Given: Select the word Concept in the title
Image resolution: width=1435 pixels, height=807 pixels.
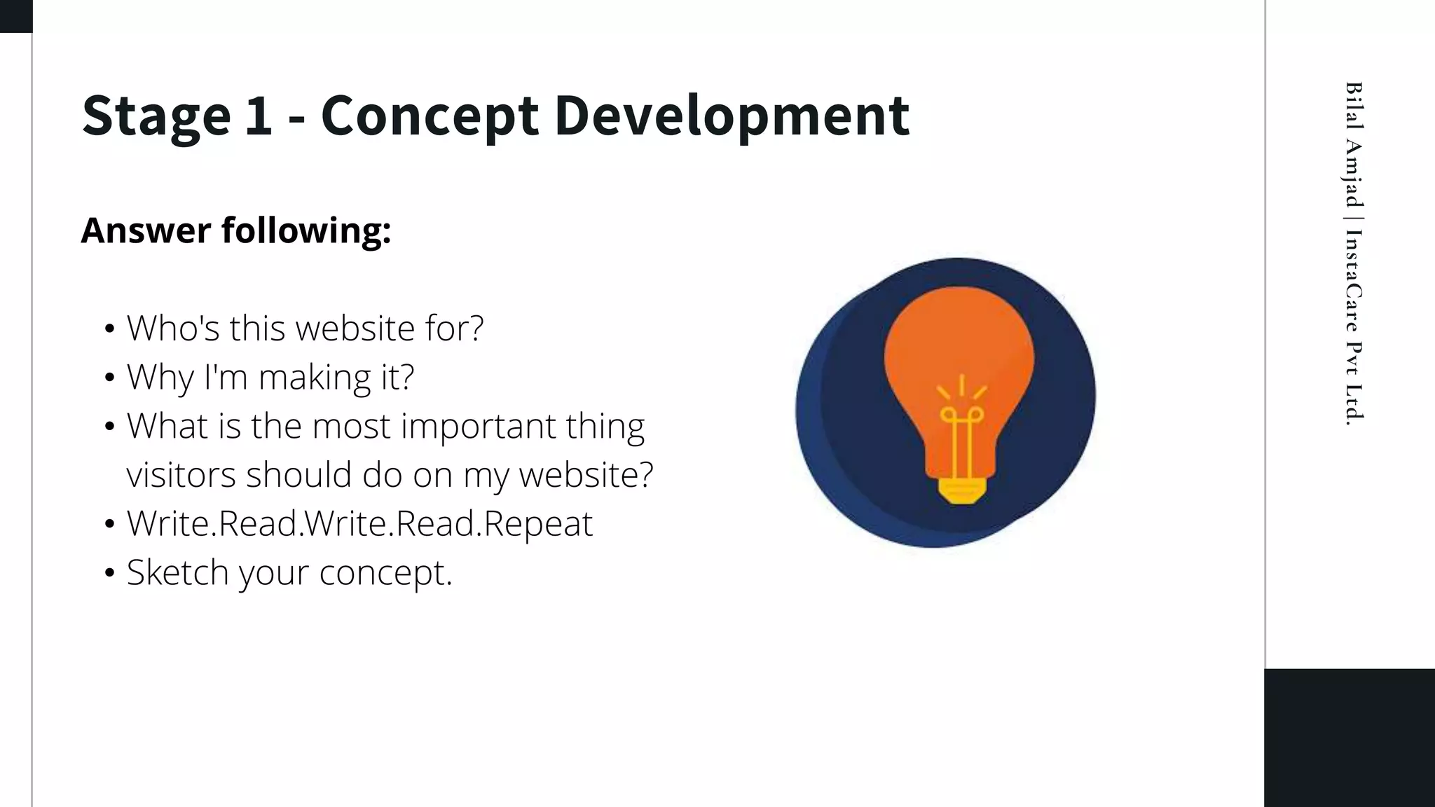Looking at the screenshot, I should tap(430, 116).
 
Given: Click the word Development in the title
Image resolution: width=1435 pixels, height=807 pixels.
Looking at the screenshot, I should tap(732, 116).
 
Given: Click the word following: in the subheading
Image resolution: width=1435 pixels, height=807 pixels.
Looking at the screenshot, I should tap(306, 232).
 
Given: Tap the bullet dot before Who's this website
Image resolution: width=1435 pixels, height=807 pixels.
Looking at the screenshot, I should tap(109, 329).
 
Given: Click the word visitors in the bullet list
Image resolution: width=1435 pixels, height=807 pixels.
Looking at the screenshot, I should tap(181, 475).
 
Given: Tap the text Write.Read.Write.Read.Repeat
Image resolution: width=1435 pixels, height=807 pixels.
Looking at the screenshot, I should tap(359, 524).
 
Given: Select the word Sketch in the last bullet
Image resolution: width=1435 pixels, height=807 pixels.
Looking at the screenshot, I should tap(177, 573).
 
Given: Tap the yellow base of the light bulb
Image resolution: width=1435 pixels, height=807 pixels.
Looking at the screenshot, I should tap(961, 490).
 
